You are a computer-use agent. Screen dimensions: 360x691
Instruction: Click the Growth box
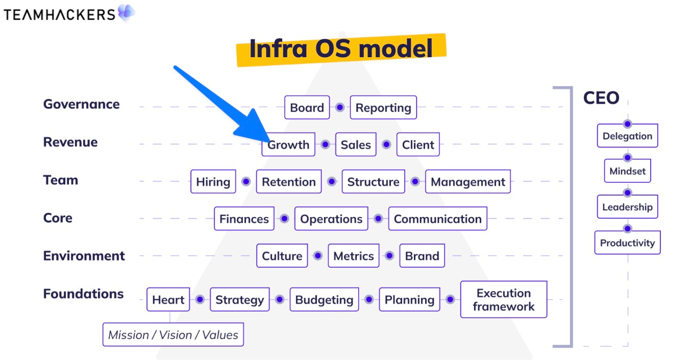point(288,145)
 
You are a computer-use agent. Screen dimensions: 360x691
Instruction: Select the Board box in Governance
point(307,108)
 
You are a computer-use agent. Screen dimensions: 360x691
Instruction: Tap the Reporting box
point(383,108)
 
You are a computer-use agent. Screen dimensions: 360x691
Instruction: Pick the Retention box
point(289,182)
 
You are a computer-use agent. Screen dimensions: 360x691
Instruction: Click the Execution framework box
point(504,300)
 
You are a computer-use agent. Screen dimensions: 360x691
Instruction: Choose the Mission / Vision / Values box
point(173,335)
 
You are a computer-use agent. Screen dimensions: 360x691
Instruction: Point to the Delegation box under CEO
point(627,136)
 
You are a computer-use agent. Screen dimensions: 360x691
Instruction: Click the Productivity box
point(627,243)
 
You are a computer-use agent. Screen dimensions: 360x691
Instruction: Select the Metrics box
point(354,256)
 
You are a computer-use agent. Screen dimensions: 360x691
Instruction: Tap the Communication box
point(438,219)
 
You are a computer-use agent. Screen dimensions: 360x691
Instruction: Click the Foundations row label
point(83,294)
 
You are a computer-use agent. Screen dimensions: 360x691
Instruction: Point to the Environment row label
point(84,256)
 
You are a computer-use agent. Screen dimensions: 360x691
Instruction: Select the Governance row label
point(81,104)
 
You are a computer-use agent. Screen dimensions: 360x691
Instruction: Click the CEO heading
point(601,98)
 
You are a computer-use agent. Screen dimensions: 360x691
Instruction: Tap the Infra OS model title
point(341,49)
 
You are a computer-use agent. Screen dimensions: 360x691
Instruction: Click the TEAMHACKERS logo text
point(59,14)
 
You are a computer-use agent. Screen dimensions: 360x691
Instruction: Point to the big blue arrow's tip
point(266,140)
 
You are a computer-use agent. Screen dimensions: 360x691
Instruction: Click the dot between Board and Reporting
point(339,108)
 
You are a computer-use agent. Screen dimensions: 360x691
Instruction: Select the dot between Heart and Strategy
point(200,300)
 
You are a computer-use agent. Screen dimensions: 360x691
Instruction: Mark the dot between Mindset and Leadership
point(627,193)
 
